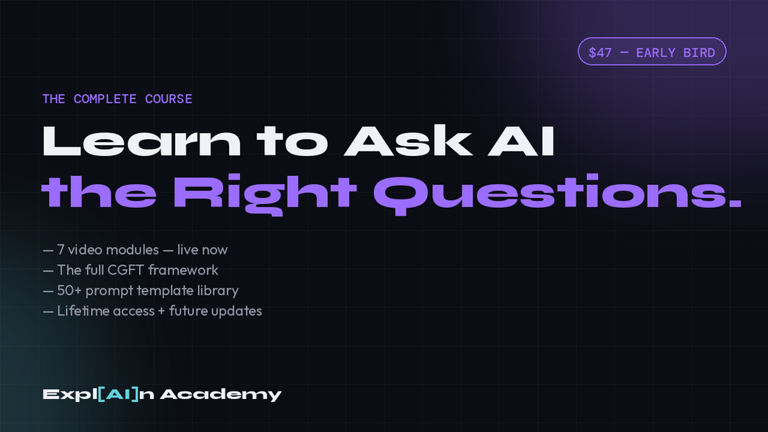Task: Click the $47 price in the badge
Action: coord(600,53)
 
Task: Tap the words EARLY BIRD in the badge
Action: coord(676,53)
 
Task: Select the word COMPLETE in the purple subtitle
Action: coord(105,99)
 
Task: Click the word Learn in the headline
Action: coord(141,141)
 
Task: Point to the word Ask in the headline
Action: coord(408,141)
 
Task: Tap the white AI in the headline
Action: coord(520,141)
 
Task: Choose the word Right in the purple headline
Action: coord(265,194)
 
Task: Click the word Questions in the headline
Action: coord(548,194)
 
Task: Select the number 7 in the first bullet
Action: coord(60,250)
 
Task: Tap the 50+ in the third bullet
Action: coord(69,291)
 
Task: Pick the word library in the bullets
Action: coord(218,291)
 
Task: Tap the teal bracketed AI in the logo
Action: coord(118,395)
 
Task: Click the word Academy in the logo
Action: coord(221,395)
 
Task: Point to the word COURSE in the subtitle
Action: coord(168,99)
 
